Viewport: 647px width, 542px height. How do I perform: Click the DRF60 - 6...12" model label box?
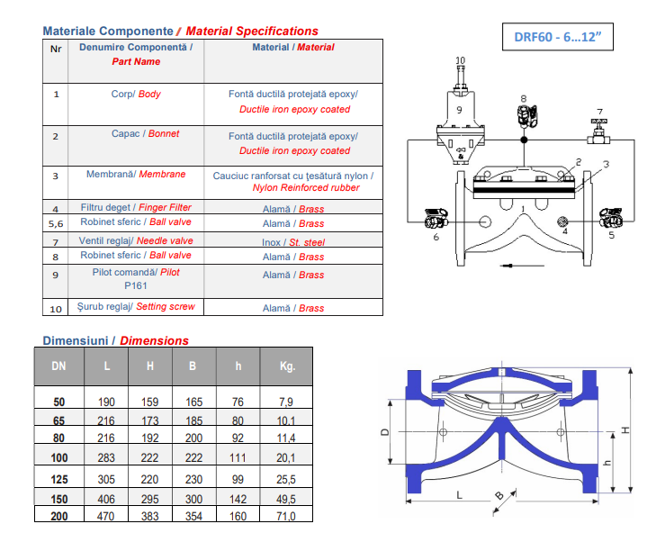pyautogui.click(x=557, y=37)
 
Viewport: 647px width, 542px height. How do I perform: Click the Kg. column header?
pyautogui.click(x=287, y=366)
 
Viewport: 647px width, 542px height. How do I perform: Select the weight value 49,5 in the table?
pyautogui.click(x=286, y=499)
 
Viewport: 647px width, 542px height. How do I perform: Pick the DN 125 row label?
pyautogui.click(x=59, y=479)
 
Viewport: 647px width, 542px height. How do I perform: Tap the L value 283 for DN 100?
pyautogui.click(x=106, y=457)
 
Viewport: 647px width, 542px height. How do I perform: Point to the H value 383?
pyautogui.click(x=149, y=517)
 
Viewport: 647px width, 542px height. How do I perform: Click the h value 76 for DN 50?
pyautogui.click(x=238, y=402)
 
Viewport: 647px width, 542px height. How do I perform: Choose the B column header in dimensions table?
pyautogui.click(x=193, y=366)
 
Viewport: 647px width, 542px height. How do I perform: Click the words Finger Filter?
pyautogui.click(x=165, y=207)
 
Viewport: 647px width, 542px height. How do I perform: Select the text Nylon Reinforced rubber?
pyautogui.click(x=306, y=188)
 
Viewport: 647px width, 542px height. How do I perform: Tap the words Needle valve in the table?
pyautogui.click(x=165, y=240)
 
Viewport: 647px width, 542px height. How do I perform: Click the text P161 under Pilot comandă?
pyautogui.click(x=136, y=285)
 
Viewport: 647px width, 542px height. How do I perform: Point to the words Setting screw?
pyautogui.click(x=166, y=307)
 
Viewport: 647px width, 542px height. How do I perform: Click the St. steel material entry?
pyautogui.click(x=307, y=242)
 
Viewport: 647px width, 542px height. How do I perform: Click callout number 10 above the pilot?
pyautogui.click(x=460, y=60)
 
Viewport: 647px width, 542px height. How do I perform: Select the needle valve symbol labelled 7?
pyautogui.click(x=598, y=132)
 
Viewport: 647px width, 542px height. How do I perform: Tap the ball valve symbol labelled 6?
pyautogui.click(x=436, y=219)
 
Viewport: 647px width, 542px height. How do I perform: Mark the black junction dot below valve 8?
pyautogui.click(x=524, y=140)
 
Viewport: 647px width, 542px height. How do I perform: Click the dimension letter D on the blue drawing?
pyautogui.click(x=384, y=432)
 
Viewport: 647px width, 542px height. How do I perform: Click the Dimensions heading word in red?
pyautogui.click(x=154, y=341)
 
